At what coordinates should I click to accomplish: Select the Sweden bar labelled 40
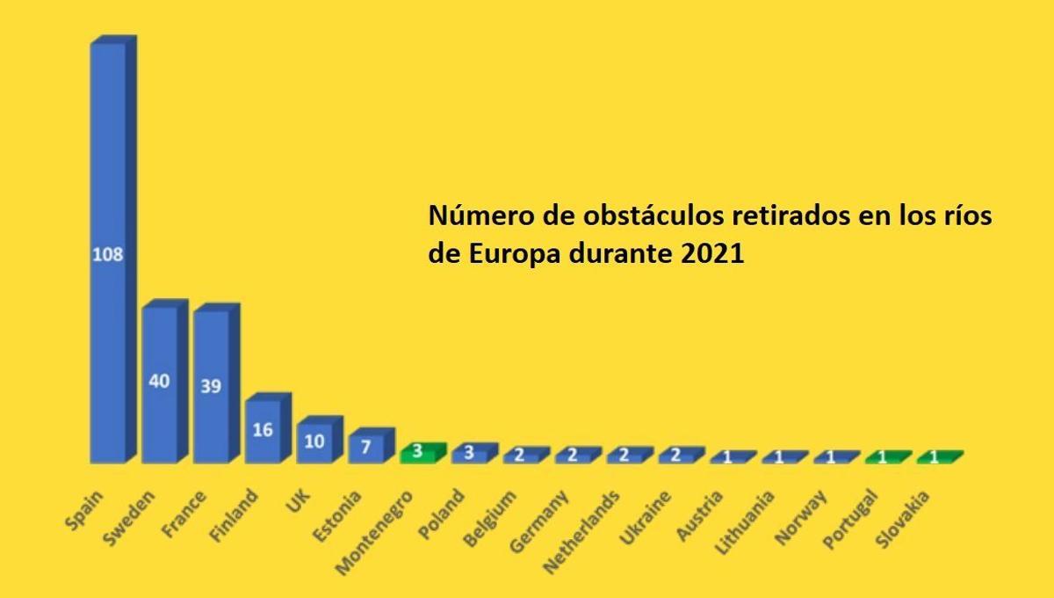(x=160, y=383)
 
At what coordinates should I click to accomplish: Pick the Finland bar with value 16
(x=263, y=430)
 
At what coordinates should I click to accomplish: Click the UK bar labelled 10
(x=314, y=441)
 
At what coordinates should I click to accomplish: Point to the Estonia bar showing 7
(x=365, y=447)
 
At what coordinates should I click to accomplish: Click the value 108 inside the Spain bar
(x=108, y=255)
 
